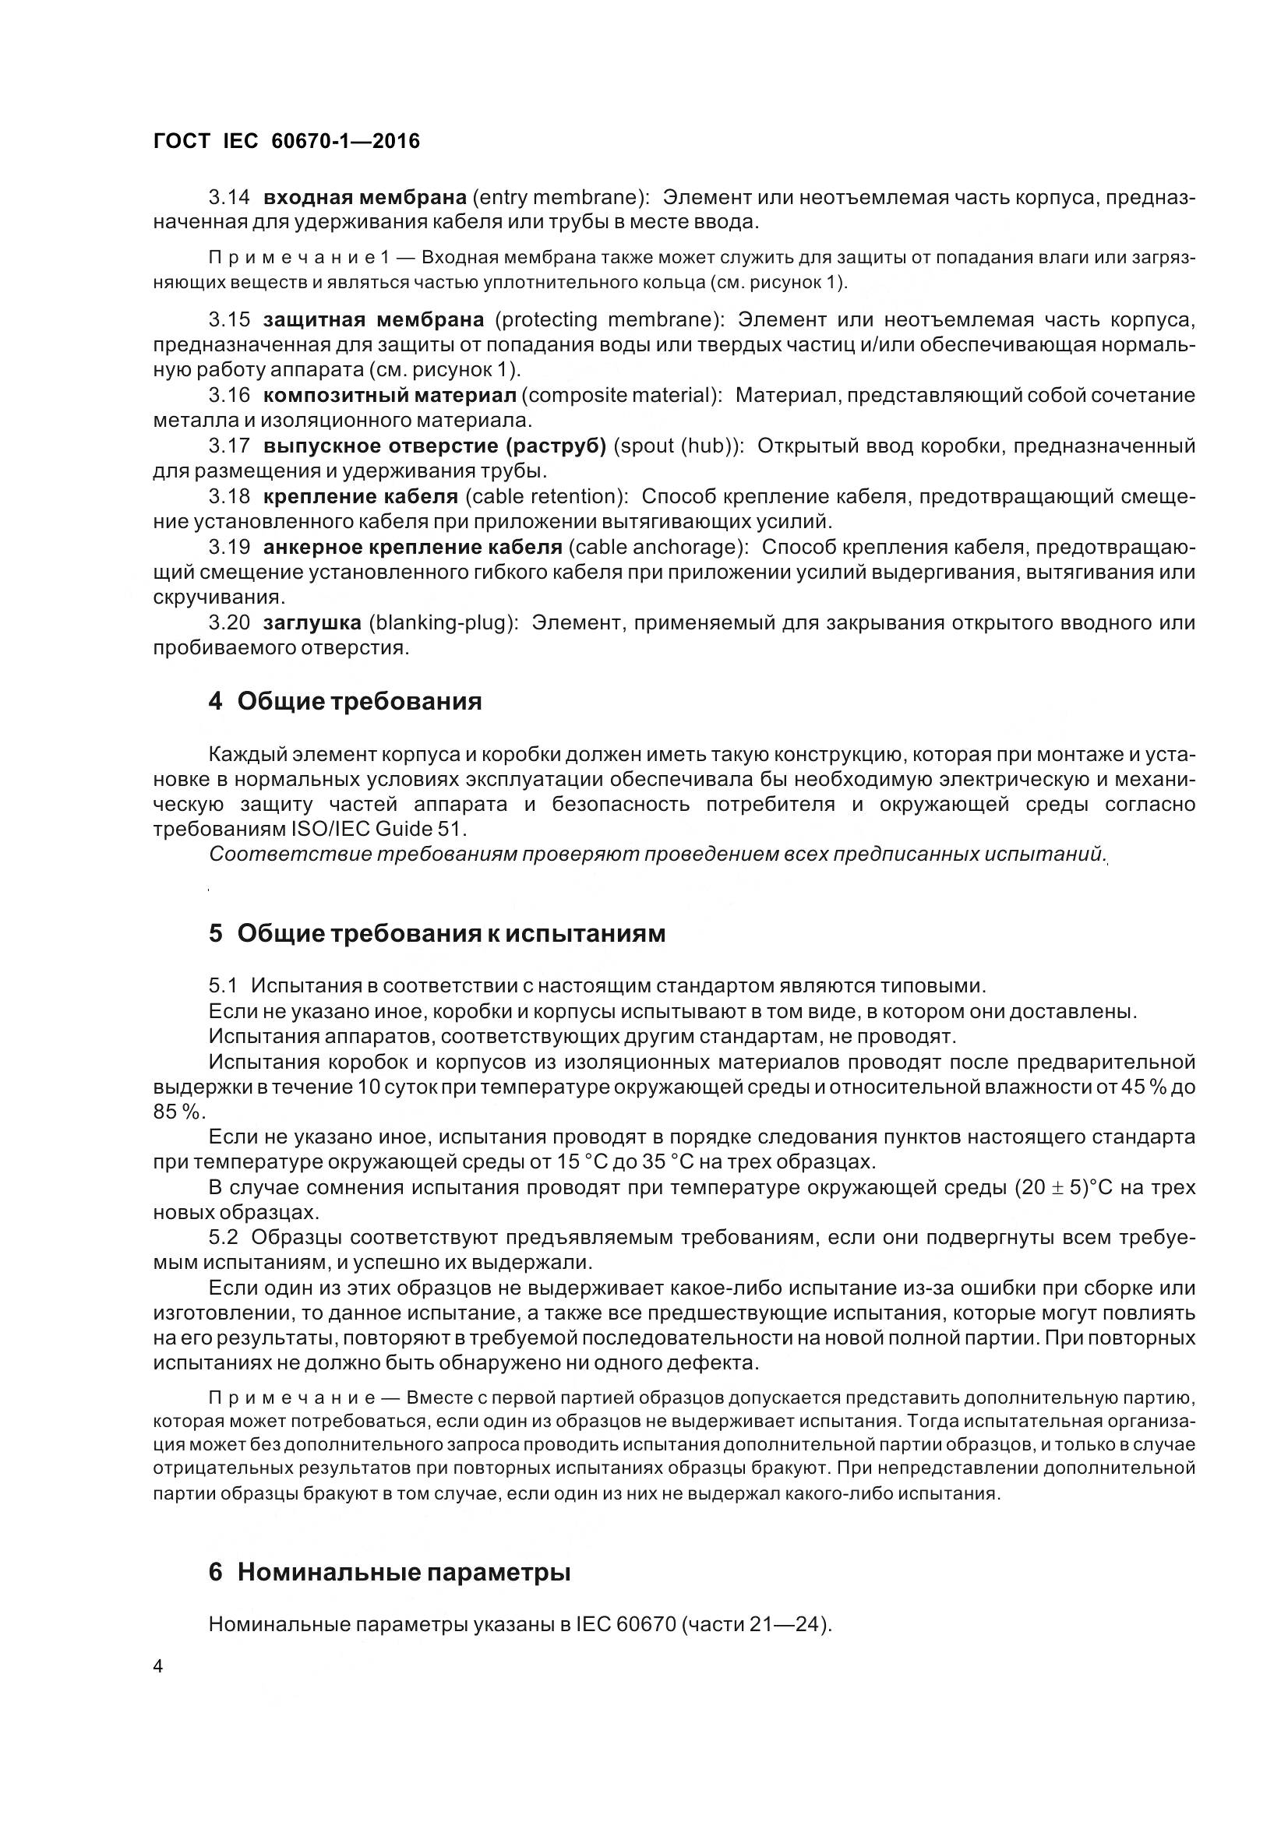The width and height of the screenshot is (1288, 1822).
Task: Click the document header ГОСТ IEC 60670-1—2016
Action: coord(286,141)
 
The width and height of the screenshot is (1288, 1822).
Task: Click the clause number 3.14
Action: coord(229,197)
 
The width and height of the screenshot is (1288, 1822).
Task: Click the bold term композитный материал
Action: coord(390,395)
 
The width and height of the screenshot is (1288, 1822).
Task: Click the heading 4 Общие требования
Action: coord(345,702)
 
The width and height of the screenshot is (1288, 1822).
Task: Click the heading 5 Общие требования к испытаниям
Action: coord(437,933)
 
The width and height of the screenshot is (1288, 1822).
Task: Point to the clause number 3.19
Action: coord(229,547)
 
